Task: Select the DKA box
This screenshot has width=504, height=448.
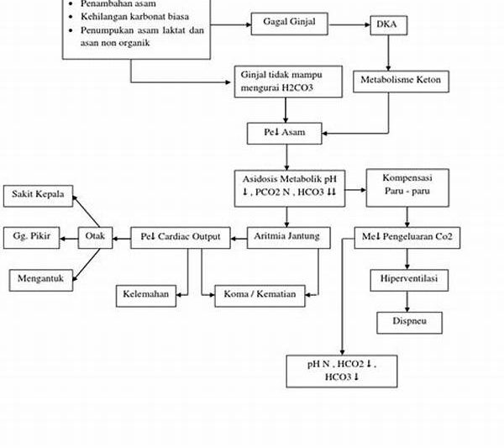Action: tap(387, 25)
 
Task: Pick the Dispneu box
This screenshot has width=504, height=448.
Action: tap(407, 321)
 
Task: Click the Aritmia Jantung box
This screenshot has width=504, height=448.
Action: tap(286, 237)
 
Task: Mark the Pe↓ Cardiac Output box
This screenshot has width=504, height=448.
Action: tap(181, 237)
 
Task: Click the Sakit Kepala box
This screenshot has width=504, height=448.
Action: tap(37, 194)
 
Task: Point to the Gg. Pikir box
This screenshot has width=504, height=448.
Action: tap(31, 237)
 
